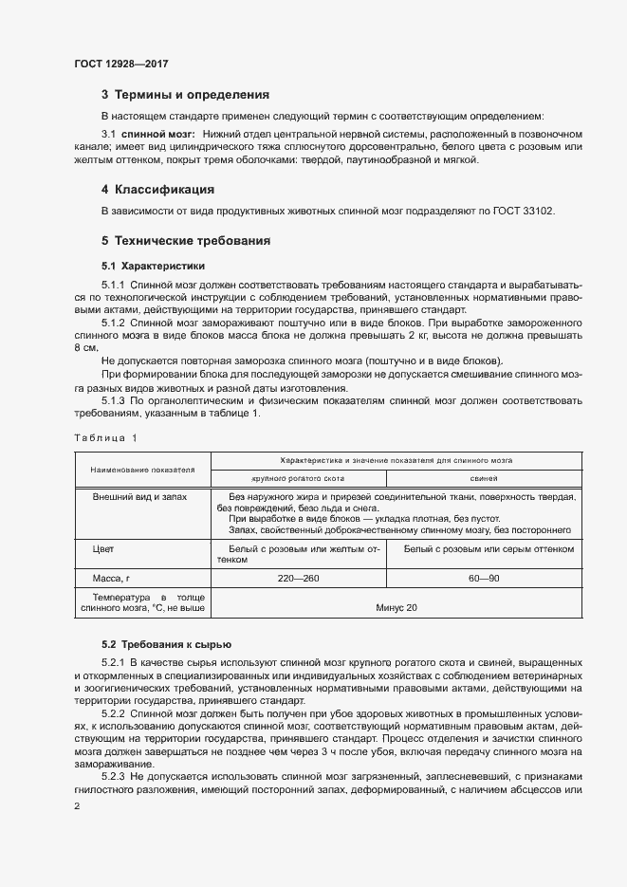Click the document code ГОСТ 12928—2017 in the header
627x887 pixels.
(x=120, y=64)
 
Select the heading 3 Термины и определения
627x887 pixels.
(x=185, y=95)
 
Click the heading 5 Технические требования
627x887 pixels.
(x=185, y=241)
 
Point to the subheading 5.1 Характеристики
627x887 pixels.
(x=153, y=266)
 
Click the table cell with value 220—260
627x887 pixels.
(x=301, y=578)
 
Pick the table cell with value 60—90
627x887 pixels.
(x=489, y=578)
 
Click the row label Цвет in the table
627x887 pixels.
(x=102, y=549)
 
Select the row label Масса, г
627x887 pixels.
(x=110, y=578)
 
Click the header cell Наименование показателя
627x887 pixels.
(x=142, y=469)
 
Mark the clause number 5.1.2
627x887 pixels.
(x=113, y=323)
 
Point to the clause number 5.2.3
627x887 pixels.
(x=113, y=774)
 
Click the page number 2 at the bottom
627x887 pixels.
(x=76, y=806)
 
